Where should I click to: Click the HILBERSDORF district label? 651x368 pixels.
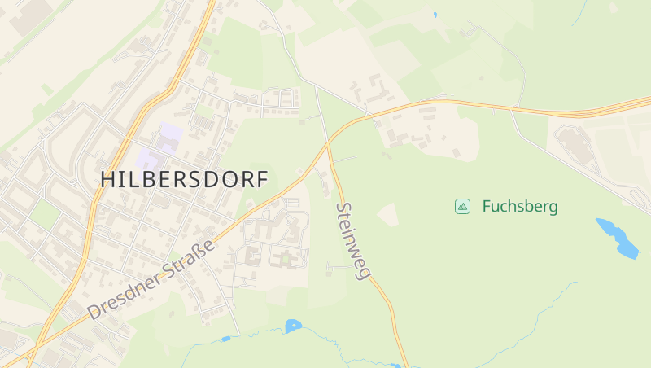[x=184, y=180]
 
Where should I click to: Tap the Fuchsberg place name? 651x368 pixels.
[x=520, y=207]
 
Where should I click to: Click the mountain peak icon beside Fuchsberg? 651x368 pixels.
[x=462, y=207]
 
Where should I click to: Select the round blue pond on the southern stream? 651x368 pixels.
[x=293, y=326]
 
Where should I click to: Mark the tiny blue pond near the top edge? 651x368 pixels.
[x=435, y=15]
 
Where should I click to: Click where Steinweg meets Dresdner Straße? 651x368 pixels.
[x=329, y=146]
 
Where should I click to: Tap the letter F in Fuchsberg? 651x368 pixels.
[x=487, y=207]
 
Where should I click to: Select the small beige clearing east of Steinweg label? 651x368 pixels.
[x=389, y=214]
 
